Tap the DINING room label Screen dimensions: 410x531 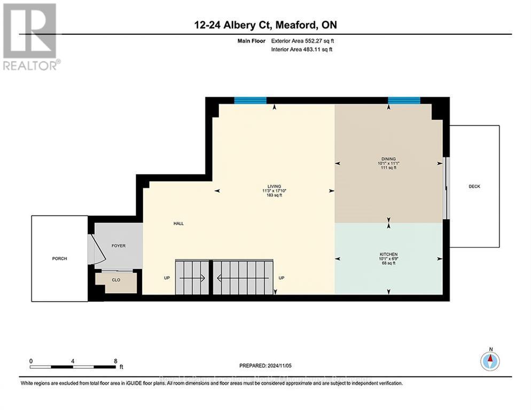(388, 159)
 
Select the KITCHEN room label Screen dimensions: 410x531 (388, 254)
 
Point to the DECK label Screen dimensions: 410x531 (474, 186)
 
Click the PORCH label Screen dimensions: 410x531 (59, 258)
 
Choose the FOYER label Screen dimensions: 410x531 (118, 246)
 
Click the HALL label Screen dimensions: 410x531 (178, 224)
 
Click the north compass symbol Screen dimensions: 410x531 (490, 361)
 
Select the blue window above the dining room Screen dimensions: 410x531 (404, 100)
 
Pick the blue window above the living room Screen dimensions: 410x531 (250, 100)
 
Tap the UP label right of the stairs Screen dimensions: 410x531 (281, 278)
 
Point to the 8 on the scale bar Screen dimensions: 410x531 (115, 361)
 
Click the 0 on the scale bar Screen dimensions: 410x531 (32, 361)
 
